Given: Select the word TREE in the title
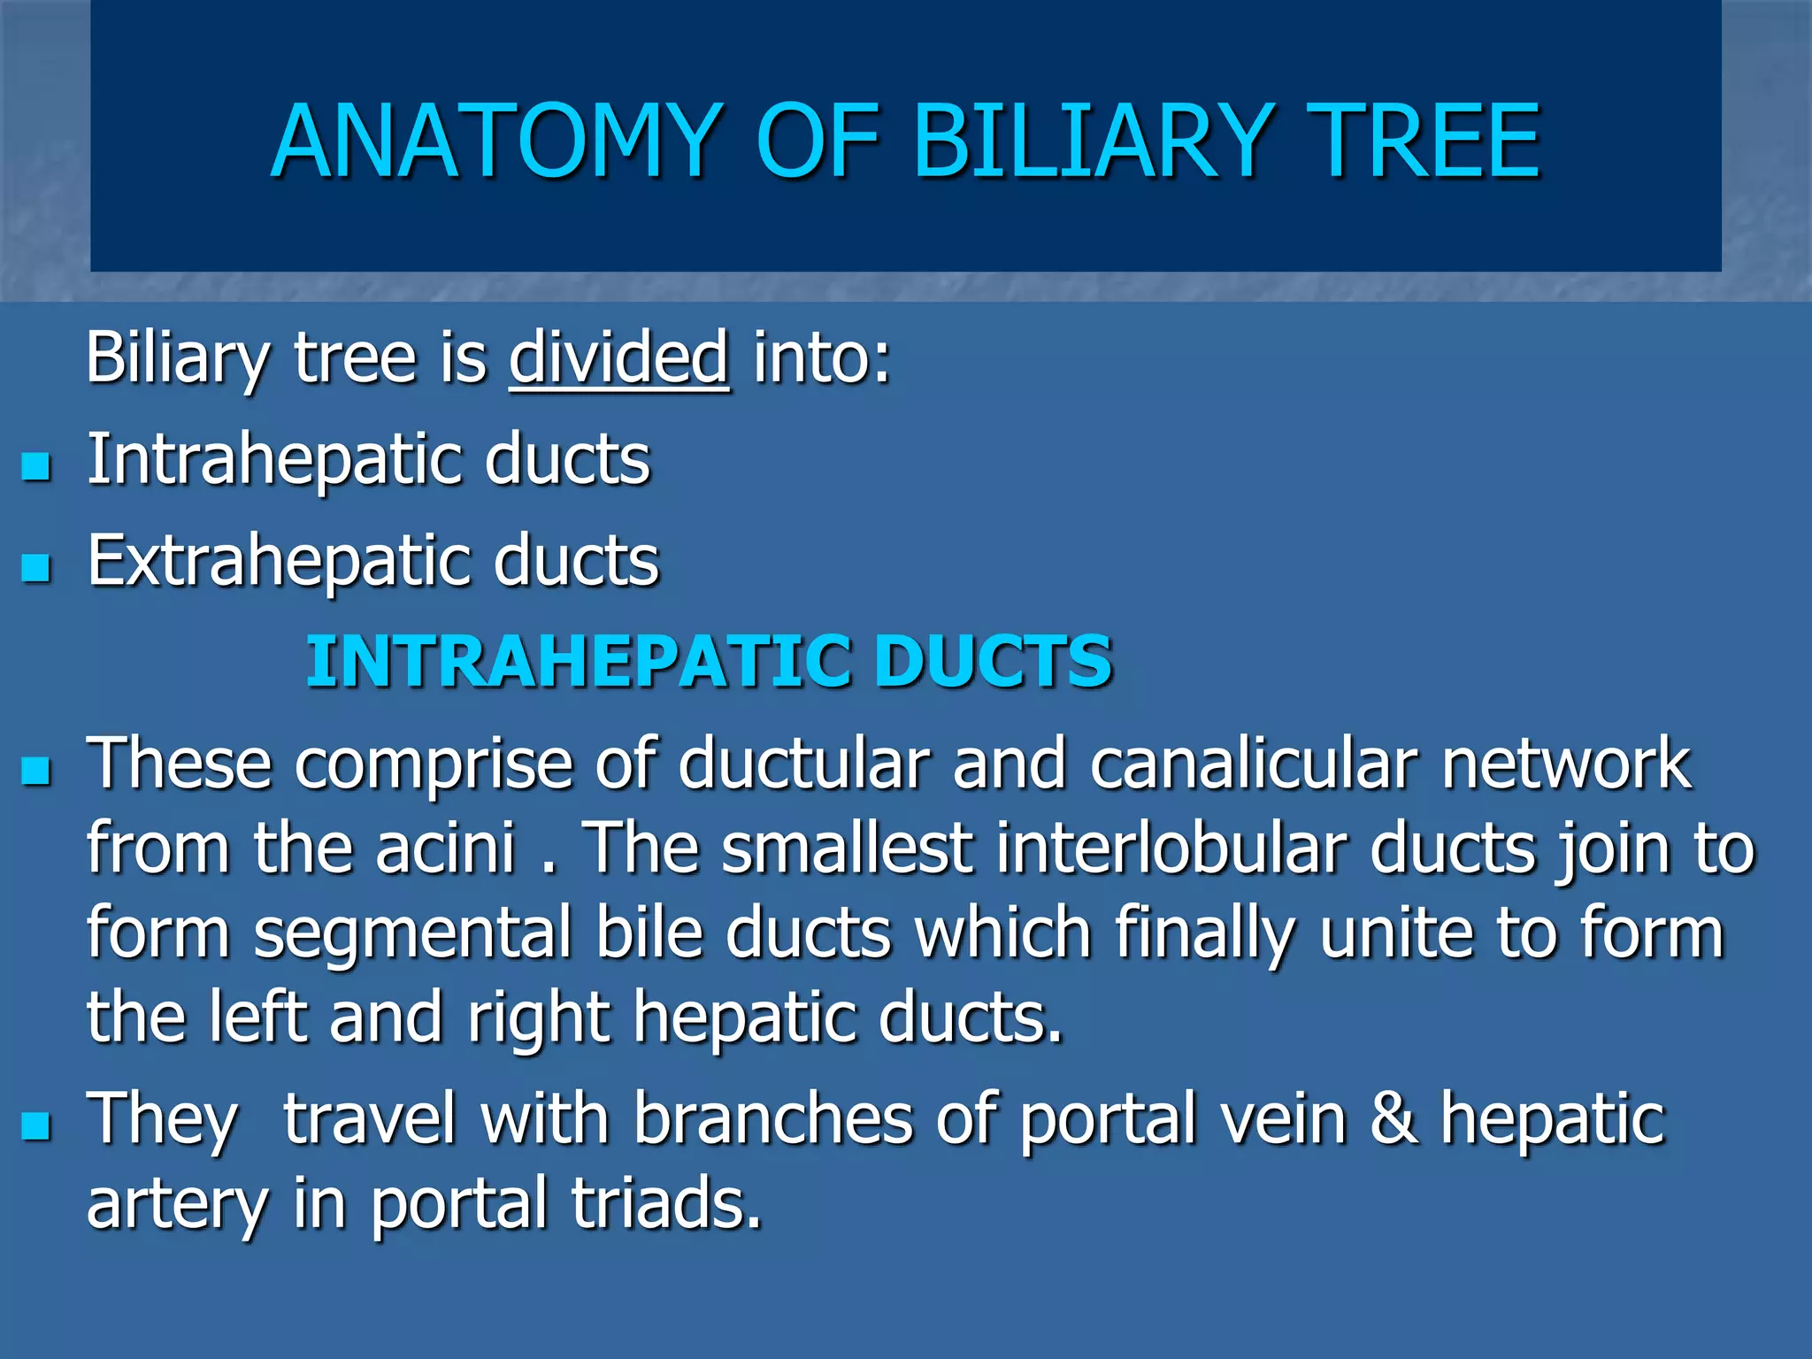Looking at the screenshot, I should (x=1424, y=142).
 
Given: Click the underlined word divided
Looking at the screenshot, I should (x=619, y=357).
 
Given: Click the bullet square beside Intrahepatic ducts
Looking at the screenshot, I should (x=36, y=465).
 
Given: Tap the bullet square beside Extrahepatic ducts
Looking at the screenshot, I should (x=36, y=567).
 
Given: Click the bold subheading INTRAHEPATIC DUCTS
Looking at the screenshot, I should (x=709, y=662).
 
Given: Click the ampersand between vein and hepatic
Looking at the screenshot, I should (x=1394, y=1119).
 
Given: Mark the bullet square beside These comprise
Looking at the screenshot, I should (x=36, y=770).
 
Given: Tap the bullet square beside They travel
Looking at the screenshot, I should (x=36, y=1125).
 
